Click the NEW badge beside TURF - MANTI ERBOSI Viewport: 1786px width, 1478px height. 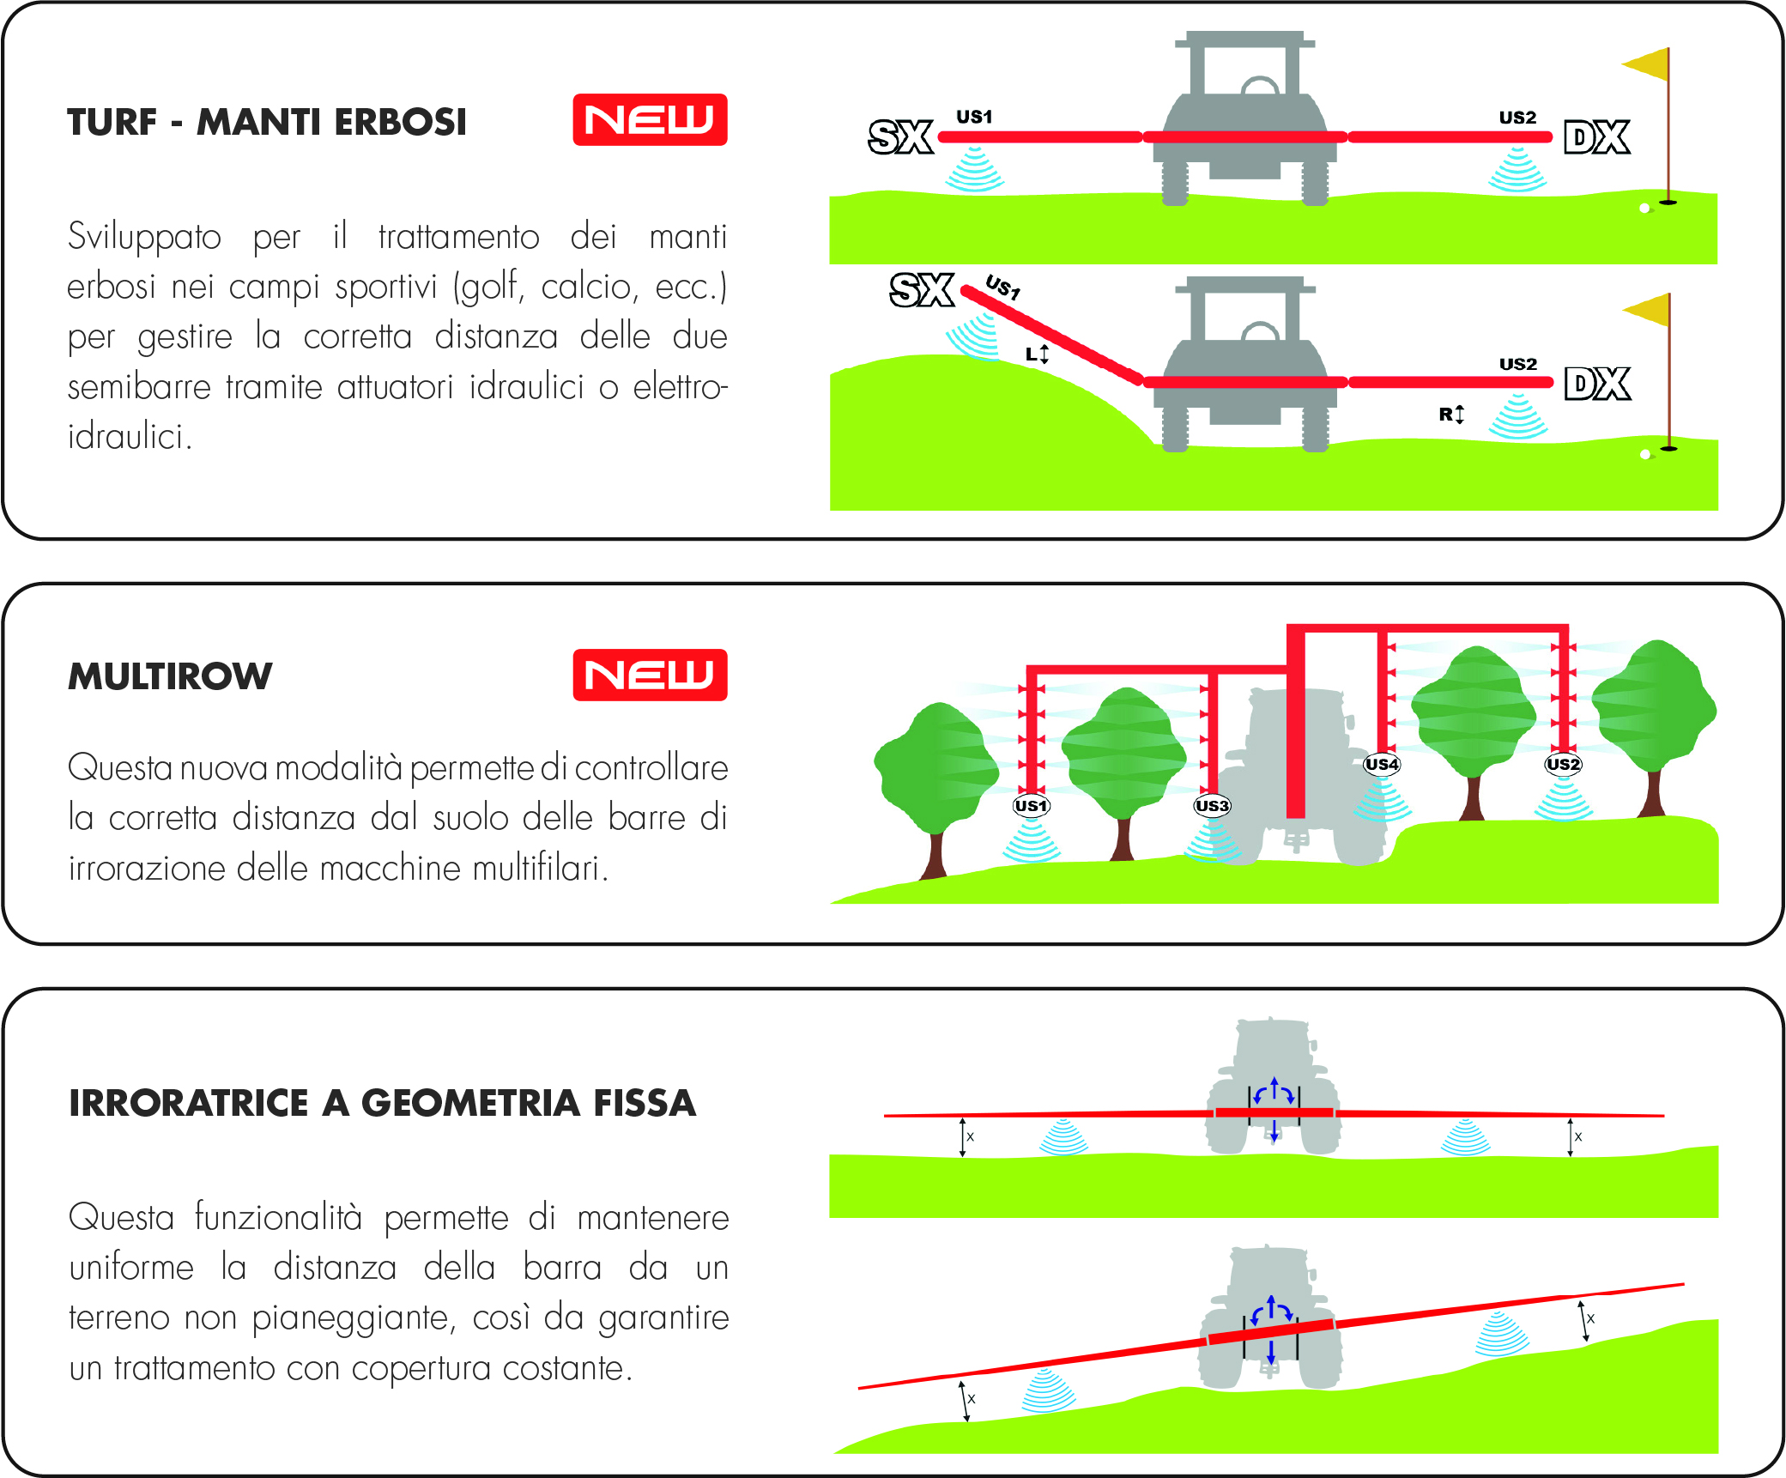(x=650, y=119)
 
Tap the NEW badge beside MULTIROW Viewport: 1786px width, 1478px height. (x=650, y=675)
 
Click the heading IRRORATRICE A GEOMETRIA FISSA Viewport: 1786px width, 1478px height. (x=382, y=1103)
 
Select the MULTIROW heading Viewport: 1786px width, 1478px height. (x=170, y=676)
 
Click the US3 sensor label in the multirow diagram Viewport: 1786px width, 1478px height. (x=1212, y=805)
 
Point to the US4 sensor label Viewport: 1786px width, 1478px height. (x=1382, y=764)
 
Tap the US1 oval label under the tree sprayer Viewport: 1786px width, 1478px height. (x=1031, y=805)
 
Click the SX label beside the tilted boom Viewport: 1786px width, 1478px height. (x=922, y=289)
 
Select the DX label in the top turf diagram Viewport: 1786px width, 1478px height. (x=1597, y=137)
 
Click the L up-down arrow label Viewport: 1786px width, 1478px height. (x=1038, y=354)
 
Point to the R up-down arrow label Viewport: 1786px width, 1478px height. (x=1451, y=415)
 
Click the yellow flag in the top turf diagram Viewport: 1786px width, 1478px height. (x=1646, y=64)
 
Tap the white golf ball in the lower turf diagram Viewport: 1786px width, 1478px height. (x=1644, y=455)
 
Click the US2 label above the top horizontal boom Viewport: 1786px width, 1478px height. (x=1517, y=118)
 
